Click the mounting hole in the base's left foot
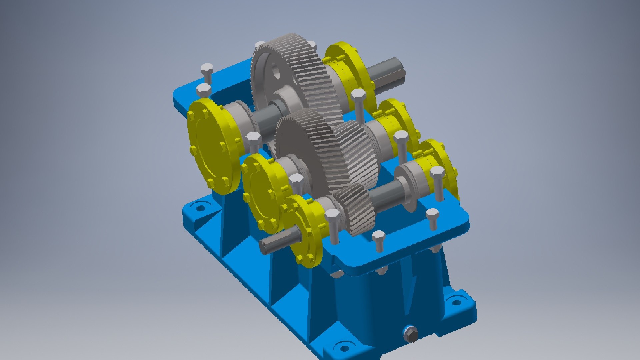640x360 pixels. tap(200, 208)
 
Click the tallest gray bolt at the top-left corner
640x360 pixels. tap(207, 73)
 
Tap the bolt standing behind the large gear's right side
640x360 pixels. tap(358, 103)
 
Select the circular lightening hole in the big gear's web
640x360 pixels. tap(275, 72)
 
